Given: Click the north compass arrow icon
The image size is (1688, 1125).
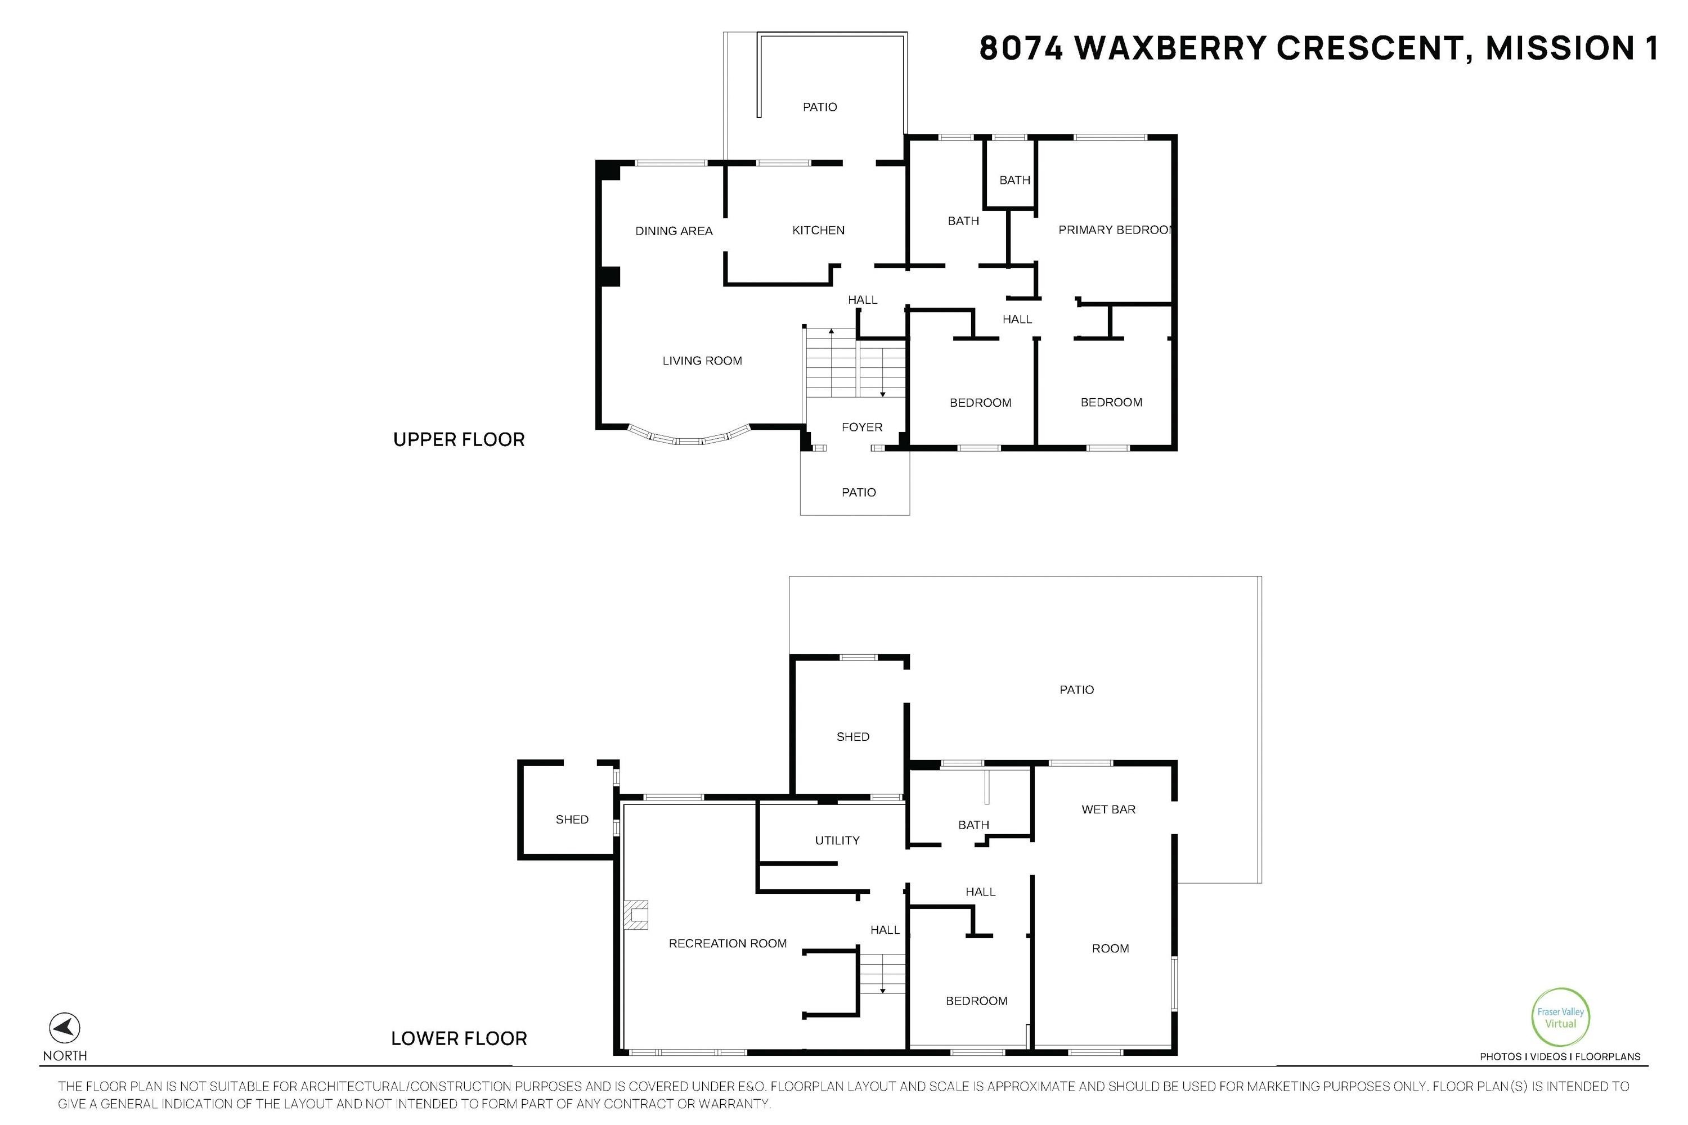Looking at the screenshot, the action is pyautogui.click(x=65, y=1028).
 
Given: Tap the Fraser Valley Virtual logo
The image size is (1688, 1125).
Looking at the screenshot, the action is pyautogui.click(x=1560, y=1018).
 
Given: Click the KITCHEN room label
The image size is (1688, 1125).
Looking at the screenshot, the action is pyautogui.click(x=818, y=230).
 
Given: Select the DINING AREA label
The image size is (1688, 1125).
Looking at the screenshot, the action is pyautogui.click(x=674, y=231).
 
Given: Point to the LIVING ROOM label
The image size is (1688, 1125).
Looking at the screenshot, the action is pyautogui.click(x=702, y=361).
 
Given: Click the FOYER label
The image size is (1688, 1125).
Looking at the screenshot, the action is pyautogui.click(x=862, y=427).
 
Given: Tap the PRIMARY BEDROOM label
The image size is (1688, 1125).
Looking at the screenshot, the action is pyautogui.click(x=1115, y=229).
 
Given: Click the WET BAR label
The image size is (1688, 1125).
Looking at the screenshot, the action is pyautogui.click(x=1109, y=809).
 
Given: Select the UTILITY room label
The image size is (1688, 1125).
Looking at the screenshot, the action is pyautogui.click(x=837, y=840).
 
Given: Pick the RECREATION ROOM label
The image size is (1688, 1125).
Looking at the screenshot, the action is pyautogui.click(x=728, y=943).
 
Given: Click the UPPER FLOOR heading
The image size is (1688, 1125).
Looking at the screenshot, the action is pyautogui.click(x=459, y=440).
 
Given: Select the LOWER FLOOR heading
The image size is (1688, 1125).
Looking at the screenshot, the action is pyautogui.click(x=459, y=1039).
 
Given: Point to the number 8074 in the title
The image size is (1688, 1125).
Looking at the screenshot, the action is pyautogui.click(x=1021, y=48).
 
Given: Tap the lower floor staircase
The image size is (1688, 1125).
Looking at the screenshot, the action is pyautogui.click(x=883, y=974).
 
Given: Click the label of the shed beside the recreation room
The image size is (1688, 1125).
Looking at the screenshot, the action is pyautogui.click(x=572, y=820).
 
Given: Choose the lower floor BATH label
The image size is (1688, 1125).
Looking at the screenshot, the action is pyautogui.click(x=974, y=825).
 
